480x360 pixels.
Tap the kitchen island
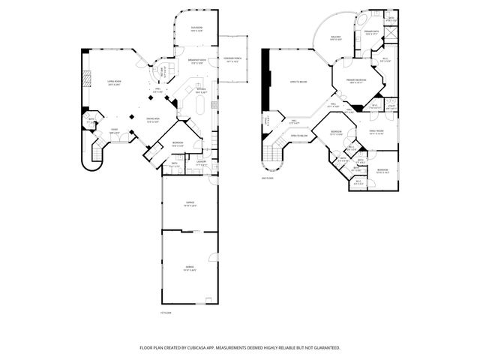[x=200, y=104]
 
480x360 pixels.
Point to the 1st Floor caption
[x=166, y=313]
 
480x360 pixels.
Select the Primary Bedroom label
[x=355, y=81]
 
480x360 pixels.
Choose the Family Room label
[x=376, y=133]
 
